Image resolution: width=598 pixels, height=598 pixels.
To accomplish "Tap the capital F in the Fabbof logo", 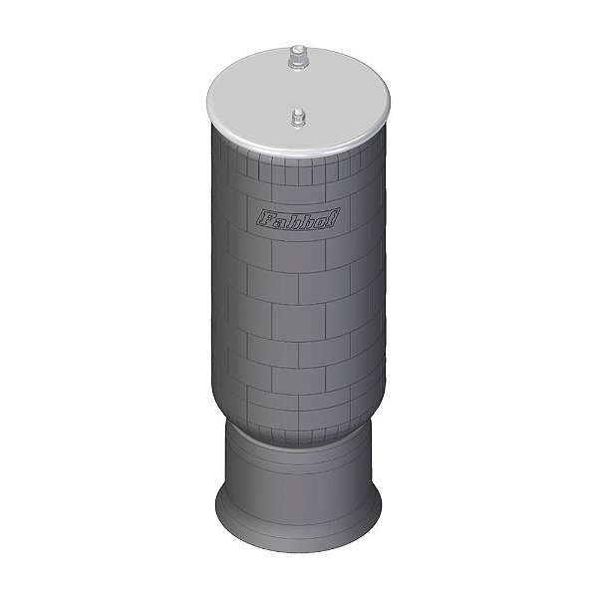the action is tap(264, 218).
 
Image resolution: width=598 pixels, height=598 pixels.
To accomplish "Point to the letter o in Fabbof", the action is tap(323, 220).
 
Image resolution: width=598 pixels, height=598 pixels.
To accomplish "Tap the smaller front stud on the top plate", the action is tap(298, 119).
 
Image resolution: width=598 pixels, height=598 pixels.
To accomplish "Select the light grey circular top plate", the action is tap(298, 99).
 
